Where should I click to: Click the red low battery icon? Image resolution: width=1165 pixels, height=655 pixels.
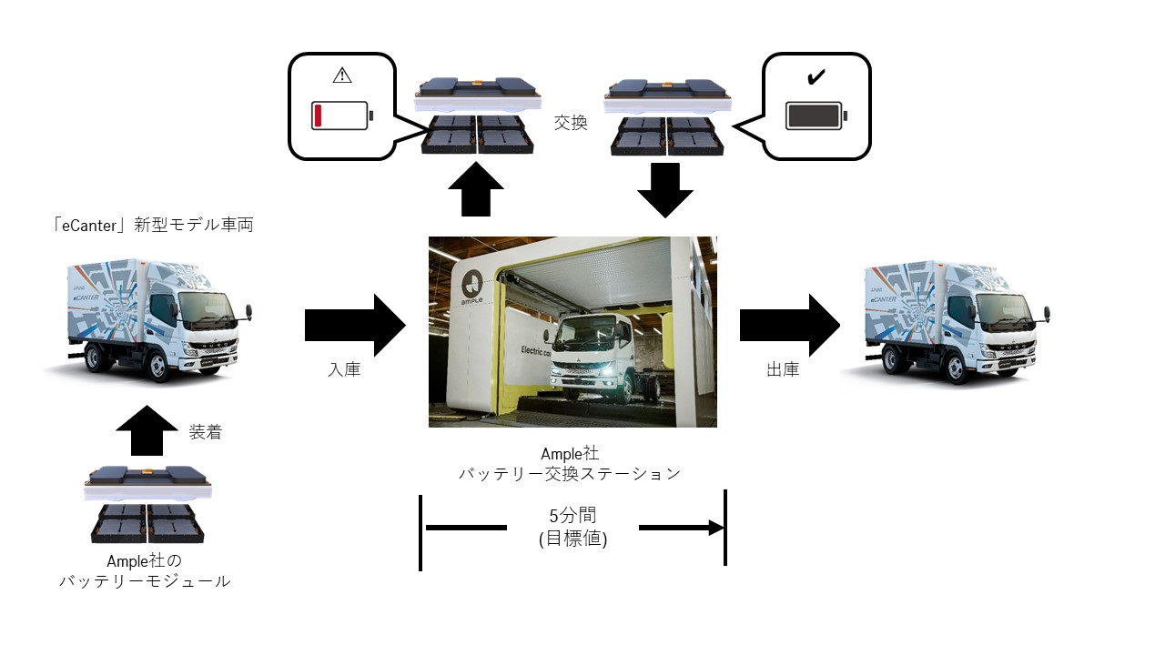pyautogui.click(x=340, y=116)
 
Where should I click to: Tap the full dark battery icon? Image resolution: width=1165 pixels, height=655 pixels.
pyautogui.click(x=815, y=116)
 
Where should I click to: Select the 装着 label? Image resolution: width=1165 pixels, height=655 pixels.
pyautogui.click(x=205, y=432)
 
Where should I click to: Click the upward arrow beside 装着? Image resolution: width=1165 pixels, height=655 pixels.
pyautogui.click(x=147, y=430)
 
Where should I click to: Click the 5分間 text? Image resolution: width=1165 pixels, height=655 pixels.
pyautogui.click(x=572, y=516)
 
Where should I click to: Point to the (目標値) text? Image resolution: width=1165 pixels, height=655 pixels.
pyautogui.click(x=572, y=539)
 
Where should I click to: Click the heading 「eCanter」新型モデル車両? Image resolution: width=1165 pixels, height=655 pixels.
pyautogui.click(x=152, y=224)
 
